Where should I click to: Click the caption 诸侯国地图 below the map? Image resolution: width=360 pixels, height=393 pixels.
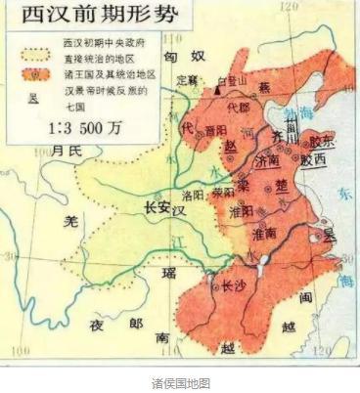[x=180, y=381]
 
